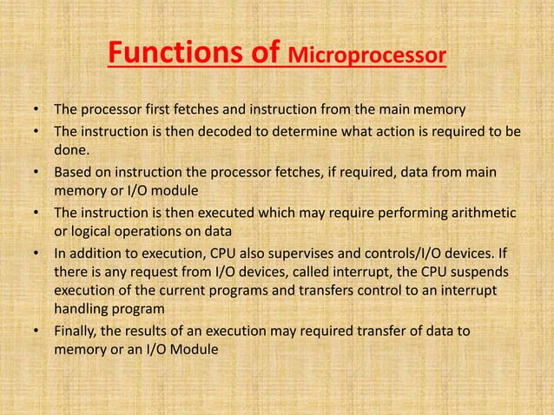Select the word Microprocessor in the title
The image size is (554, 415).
click(367, 59)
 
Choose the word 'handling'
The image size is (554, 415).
click(82, 309)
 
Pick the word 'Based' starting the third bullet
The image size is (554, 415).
click(73, 172)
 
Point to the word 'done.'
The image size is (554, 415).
click(72, 149)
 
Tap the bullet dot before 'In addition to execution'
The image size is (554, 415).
click(36, 254)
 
